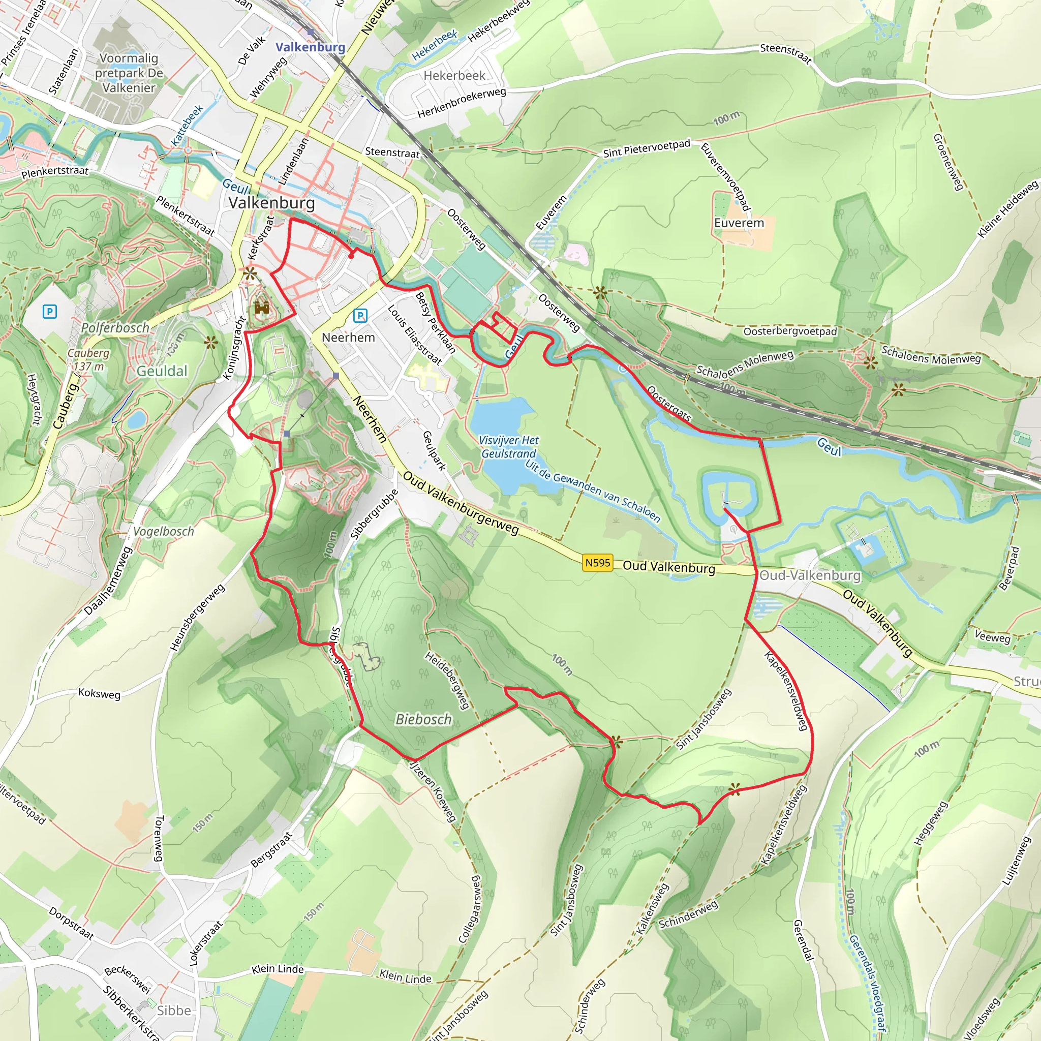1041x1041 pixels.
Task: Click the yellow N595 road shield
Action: point(598,563)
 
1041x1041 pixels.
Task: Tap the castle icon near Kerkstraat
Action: point(262,308)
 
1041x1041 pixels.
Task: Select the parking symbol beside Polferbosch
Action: point(50,311)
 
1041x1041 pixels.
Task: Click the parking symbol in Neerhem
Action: point(360,316)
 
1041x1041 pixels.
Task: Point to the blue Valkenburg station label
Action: point(311,47)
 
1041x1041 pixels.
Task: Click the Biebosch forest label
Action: point(423,719)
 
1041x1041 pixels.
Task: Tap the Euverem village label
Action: point(739,223)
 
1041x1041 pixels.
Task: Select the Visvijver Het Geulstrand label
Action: point(508,447)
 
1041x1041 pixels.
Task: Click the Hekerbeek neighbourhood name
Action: point(454,75)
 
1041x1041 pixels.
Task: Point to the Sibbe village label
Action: point(173,1011)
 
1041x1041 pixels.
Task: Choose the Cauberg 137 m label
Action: point(88,359)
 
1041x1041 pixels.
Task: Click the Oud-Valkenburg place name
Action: point(810,575)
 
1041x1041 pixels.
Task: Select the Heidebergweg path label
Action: point(447,681)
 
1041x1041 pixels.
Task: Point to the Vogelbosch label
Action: point(163,531)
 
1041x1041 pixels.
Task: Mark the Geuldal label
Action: point(162,371)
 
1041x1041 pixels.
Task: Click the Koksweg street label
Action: point(99,693)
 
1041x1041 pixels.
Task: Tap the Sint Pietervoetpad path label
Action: point(647,148)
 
